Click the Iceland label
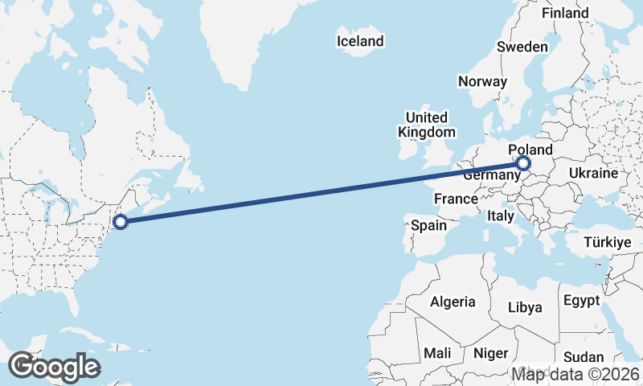(x=360, y=41)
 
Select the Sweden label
(x=522, y=47)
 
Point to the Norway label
(x=482, y=81)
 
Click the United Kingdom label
(x=426, y=125)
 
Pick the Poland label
(x=530, y=150)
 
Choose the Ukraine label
(x=593, y=173)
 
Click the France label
(x=456, y=199)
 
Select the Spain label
(x=428, y=226)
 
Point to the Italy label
(x=501, y=216)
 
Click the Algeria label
(x=453, y=302)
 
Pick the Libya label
(x=526, y=307)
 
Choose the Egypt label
(x=582, y=301)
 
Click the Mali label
(x=437, y=353)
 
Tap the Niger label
(x=491, y=353)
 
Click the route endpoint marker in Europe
(x=523, y=164)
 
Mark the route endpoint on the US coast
(x=120, y=222)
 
